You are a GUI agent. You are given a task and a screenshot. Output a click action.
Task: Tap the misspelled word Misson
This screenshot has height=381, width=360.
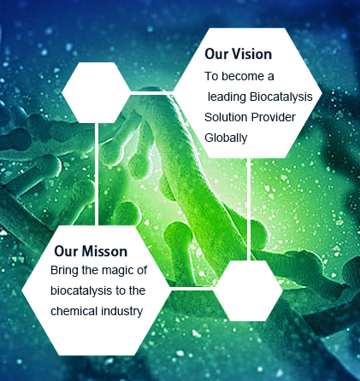(107, 251)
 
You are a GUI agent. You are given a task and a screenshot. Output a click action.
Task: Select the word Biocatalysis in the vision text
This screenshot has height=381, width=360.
(281, 97)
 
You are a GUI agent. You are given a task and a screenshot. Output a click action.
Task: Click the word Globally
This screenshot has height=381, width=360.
(226, 138)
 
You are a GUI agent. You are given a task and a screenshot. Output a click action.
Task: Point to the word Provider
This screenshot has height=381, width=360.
(274, 117)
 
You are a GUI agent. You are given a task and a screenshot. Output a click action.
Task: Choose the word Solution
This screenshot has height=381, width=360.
(226, 117)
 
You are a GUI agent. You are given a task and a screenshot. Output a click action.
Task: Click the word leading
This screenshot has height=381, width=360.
(227, 97)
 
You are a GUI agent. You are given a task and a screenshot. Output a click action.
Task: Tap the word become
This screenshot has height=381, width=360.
(243, 76)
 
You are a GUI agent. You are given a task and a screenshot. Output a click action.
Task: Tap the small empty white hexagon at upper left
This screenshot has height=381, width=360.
(96, 92)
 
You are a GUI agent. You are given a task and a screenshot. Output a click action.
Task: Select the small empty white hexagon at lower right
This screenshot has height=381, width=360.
(248, 290)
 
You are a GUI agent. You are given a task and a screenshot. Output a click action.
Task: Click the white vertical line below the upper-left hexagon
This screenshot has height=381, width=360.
(97, 174)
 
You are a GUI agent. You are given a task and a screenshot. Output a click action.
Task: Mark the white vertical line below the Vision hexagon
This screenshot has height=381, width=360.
(249, 209)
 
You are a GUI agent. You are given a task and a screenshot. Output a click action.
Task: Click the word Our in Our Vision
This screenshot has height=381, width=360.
(216, 54)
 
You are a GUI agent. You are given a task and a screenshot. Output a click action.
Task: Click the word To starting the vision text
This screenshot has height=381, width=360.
(211, 76)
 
